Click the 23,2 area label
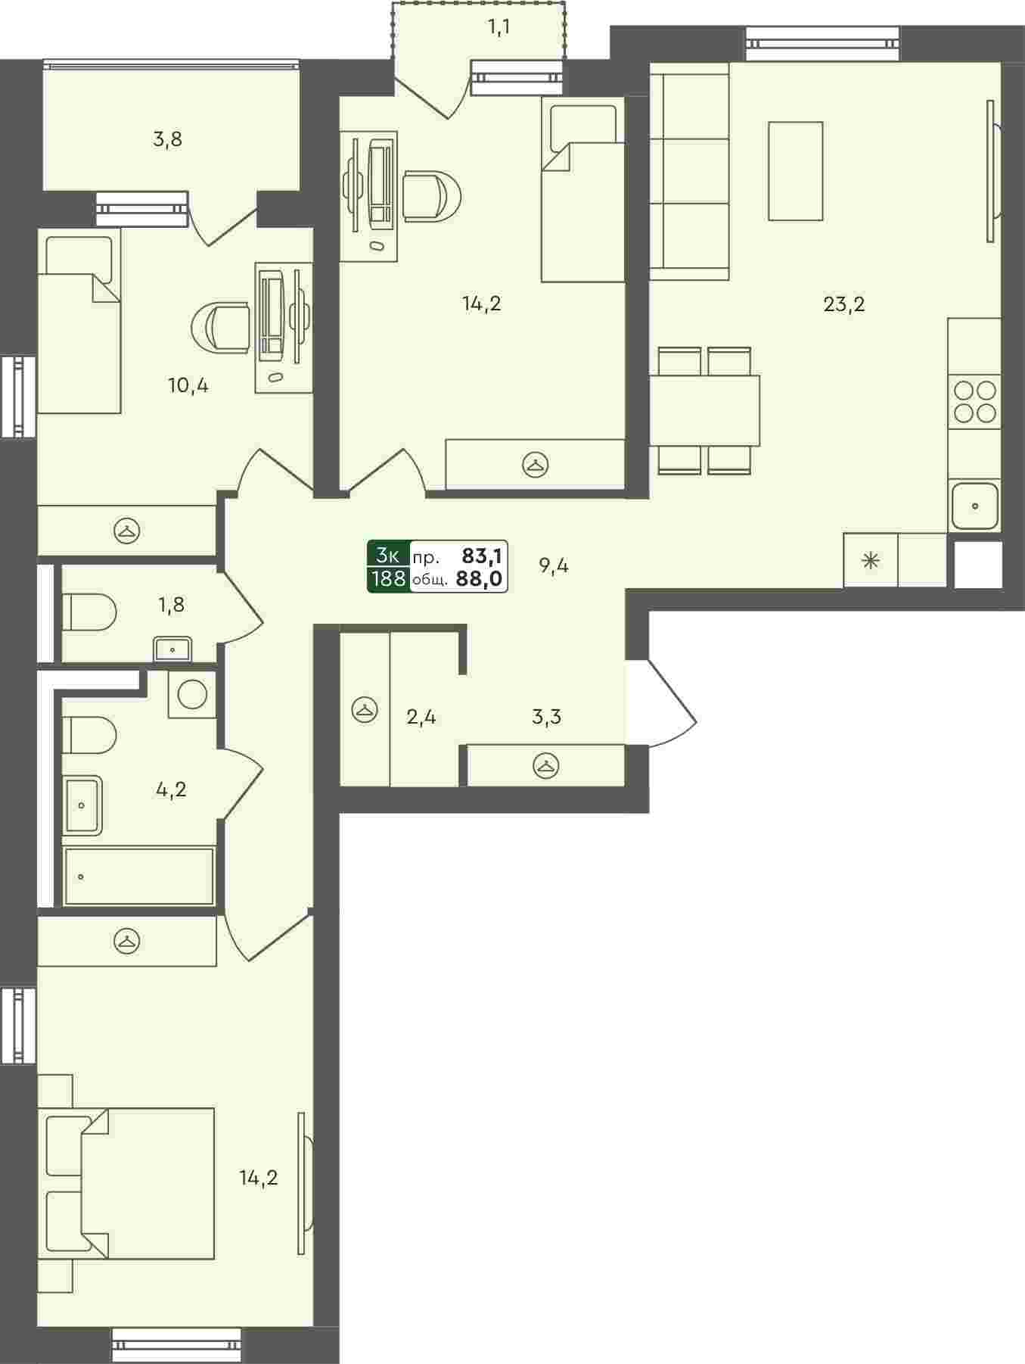[843, 304]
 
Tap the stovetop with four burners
[974, 402]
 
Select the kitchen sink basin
[975, 506]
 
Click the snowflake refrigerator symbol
[871, 561]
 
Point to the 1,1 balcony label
[499, 28]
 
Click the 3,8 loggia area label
[167, 139]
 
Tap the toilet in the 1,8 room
[89, 612]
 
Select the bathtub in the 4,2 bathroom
[139, 876]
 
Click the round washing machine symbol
[192, 693]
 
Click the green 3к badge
[388, 555]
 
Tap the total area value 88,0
[480, 579]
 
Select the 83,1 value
[482, 556]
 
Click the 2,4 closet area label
[421, 716]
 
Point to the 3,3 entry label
[546, 716]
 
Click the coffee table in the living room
[795, 171]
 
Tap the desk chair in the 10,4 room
[220, 327]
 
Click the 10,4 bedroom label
[188, 385]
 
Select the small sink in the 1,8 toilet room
[173, 649]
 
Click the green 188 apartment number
[388, 579]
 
